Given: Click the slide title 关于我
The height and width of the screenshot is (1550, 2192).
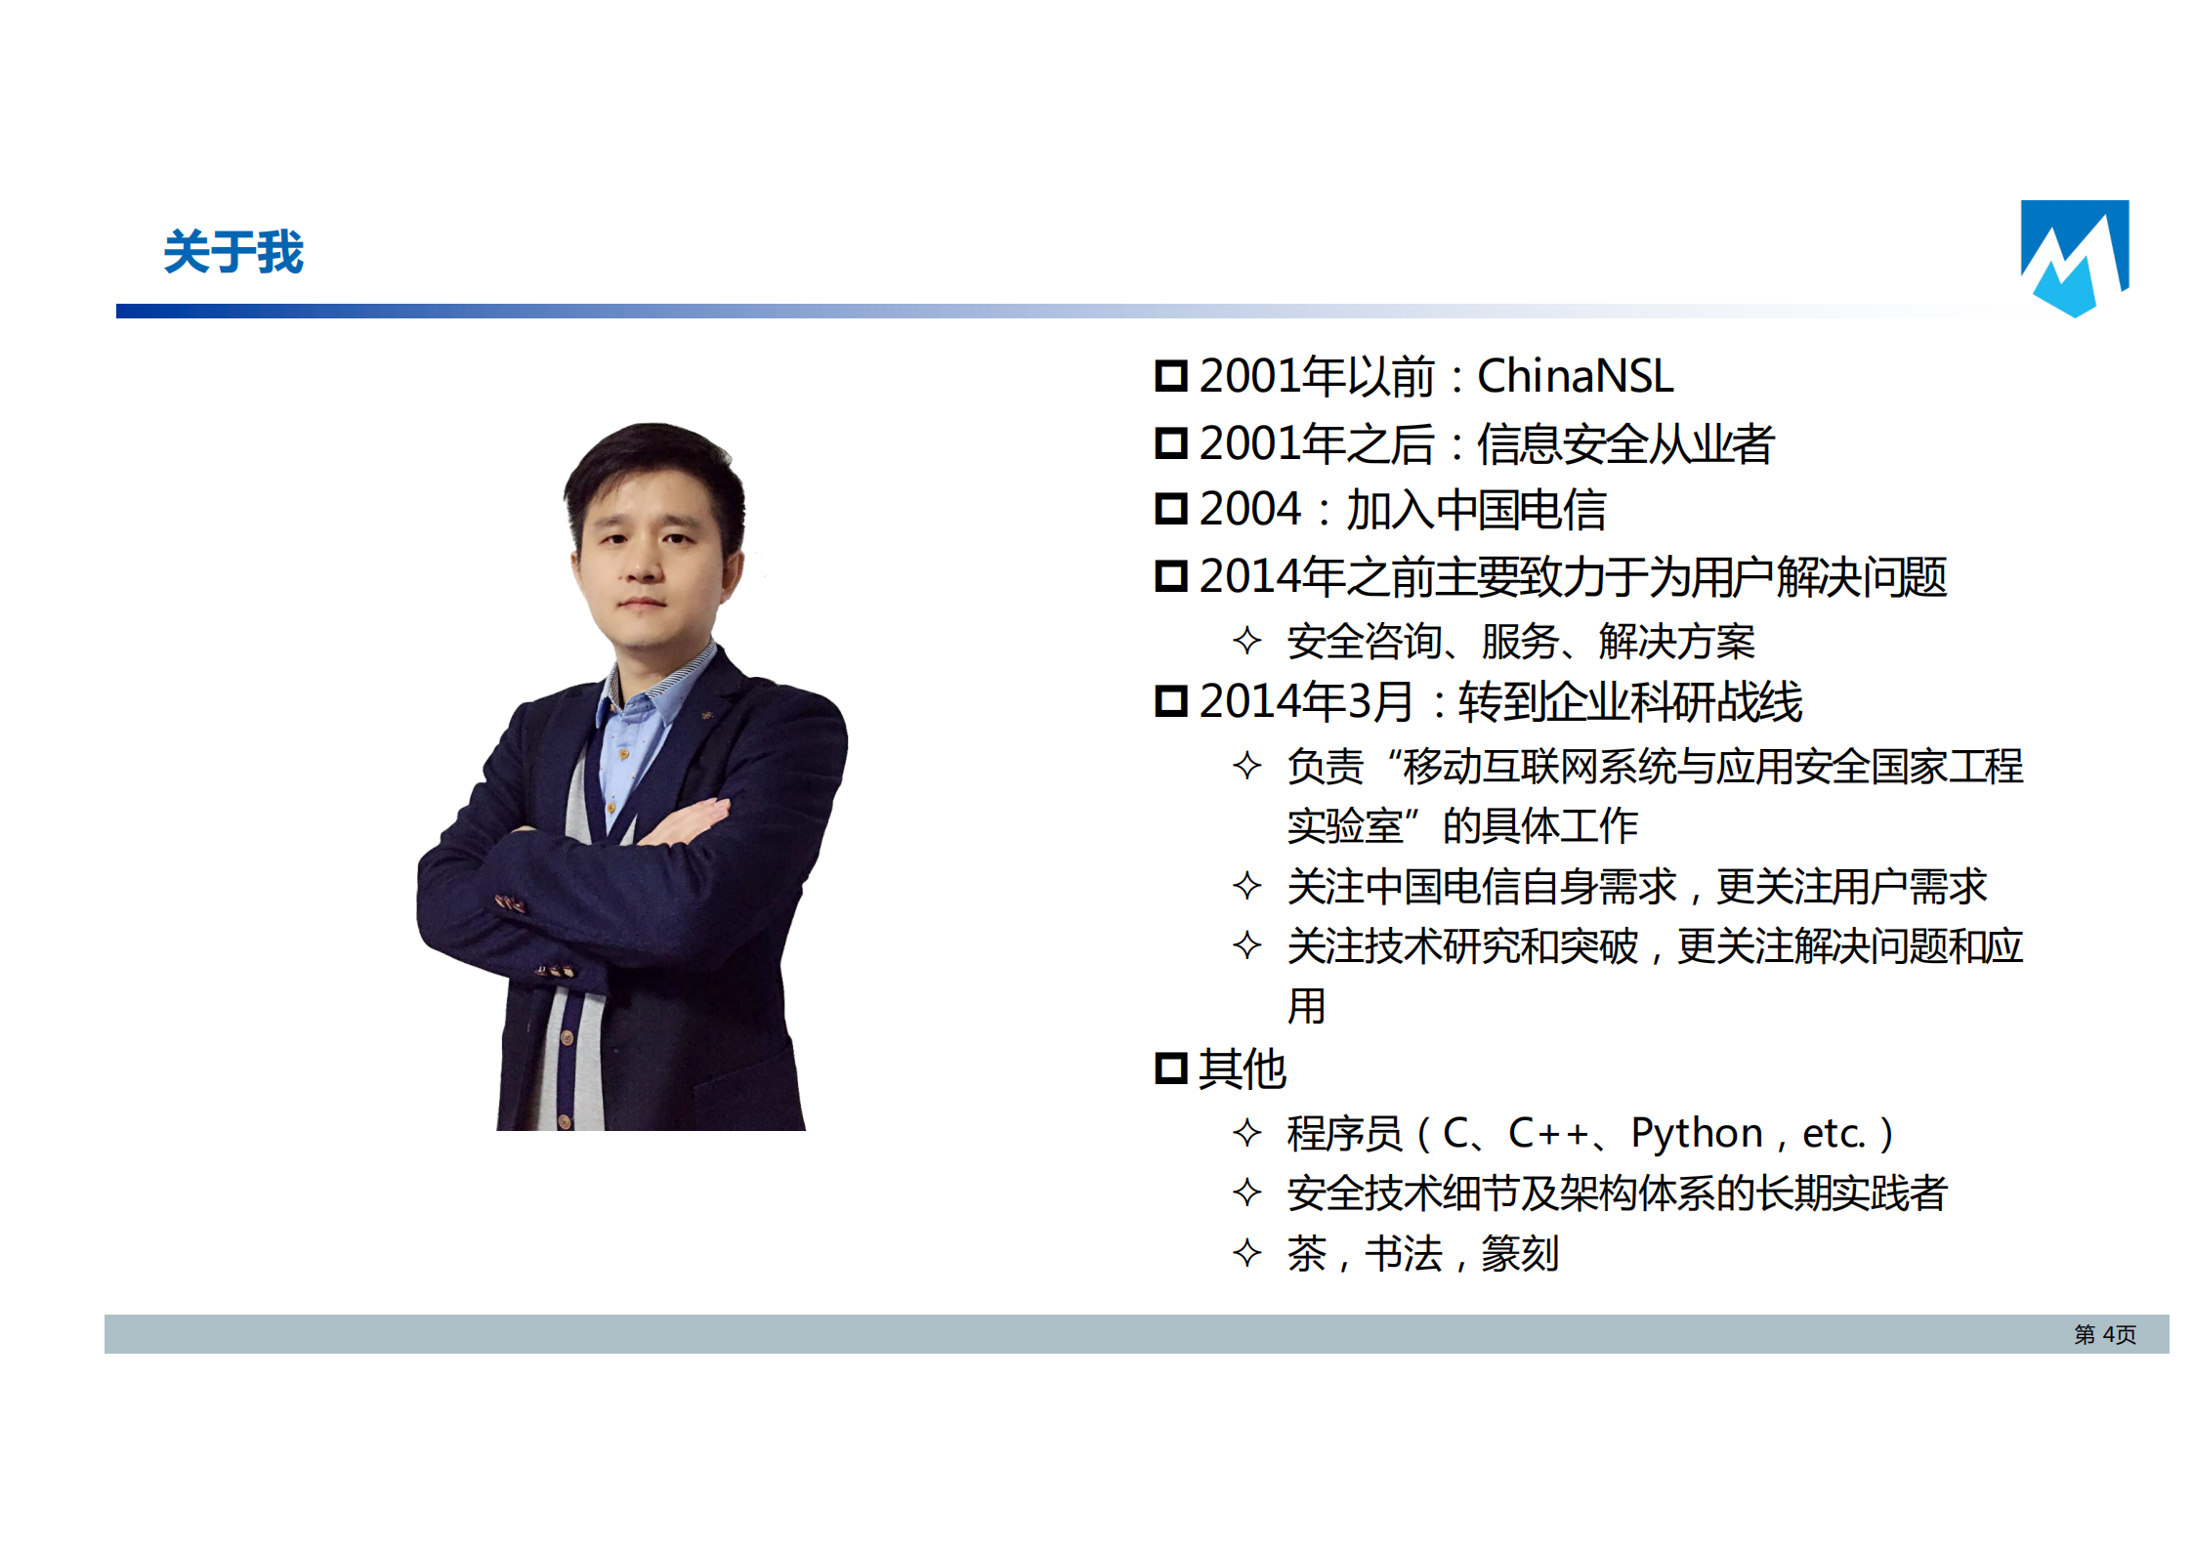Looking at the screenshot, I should (x=233, y=252).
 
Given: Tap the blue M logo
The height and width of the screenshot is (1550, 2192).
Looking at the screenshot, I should (x=2073, y=258).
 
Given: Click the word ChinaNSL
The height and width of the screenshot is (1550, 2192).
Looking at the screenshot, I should (x=1575, y=376).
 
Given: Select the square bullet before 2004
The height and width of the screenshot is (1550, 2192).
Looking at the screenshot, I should (x=1170, y=509).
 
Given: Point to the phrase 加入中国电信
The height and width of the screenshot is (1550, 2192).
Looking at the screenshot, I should (x=1476, y=510).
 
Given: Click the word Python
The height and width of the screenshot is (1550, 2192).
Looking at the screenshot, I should (x=1697, y=1134).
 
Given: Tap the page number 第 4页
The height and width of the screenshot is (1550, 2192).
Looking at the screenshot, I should (x=2105, y=1334).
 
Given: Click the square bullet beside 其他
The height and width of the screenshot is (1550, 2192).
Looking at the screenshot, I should (x=1170, y=1068).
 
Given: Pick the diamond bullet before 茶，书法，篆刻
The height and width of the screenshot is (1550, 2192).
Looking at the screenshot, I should (x=1246, y=1253).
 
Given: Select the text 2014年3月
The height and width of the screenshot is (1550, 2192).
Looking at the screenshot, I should (x=1306, y=701).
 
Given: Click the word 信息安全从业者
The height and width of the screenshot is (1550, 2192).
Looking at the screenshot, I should (x=1624, y=444).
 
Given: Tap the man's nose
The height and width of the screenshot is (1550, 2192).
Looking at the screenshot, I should (x=642, y=565).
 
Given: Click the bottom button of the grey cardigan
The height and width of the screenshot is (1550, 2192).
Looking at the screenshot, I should (x=564, y=1121).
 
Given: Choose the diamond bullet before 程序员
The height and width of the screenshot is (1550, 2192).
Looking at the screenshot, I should (x=1246, y=1133).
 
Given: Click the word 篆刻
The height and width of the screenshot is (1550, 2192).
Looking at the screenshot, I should (x=1520, y=1254).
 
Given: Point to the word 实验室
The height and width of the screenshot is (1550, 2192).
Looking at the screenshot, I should (x=1345, y=826).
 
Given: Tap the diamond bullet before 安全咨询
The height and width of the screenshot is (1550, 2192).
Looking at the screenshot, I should (x=1246, y=641).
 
